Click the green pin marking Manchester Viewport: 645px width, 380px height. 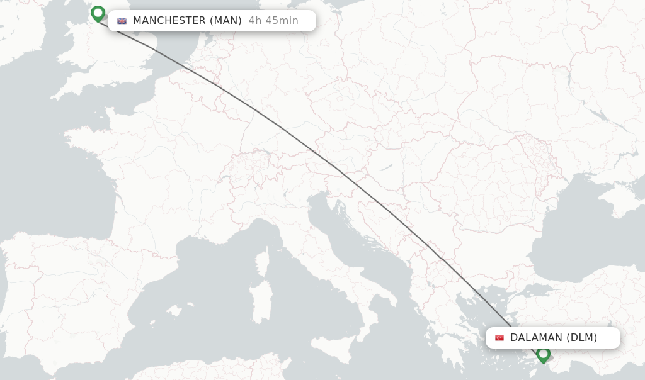(98, 13)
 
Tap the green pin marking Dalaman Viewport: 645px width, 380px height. (543, 354)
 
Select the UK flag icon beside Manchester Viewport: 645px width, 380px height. (122, 21)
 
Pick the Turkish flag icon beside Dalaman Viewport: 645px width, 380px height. (499, 338)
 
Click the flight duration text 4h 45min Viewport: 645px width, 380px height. (273, 21)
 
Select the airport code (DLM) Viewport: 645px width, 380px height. (581, 338)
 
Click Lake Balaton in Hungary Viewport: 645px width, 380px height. (384, 169)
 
